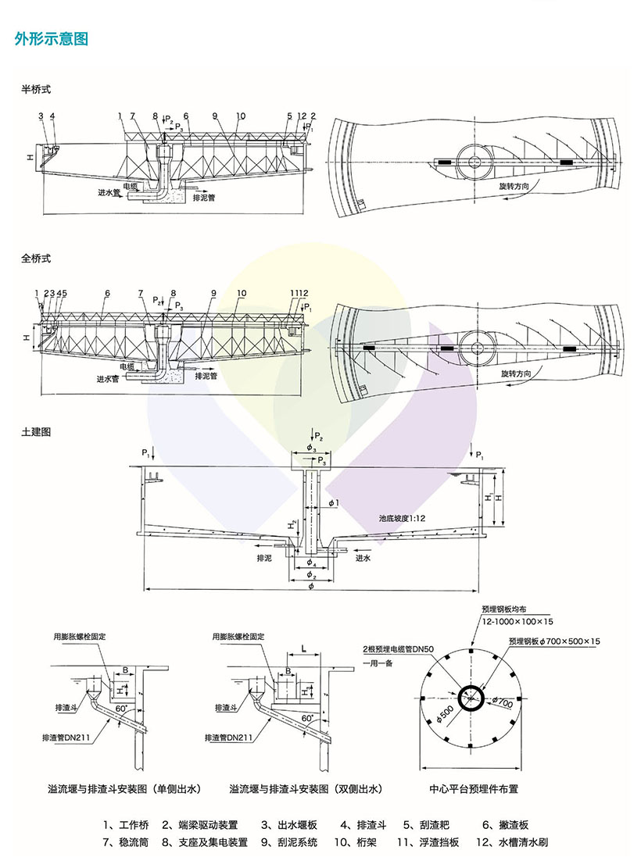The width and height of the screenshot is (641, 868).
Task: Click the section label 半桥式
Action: (x=36, y=90)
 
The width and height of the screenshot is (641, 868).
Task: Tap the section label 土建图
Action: (x=36, y=430)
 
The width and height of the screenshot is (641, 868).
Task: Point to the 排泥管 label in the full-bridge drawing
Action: (x=208, y=376)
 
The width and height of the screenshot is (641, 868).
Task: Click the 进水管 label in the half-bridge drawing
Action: (x=105, y=191)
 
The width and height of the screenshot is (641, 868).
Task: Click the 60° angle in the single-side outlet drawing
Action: (x=122, y=708)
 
